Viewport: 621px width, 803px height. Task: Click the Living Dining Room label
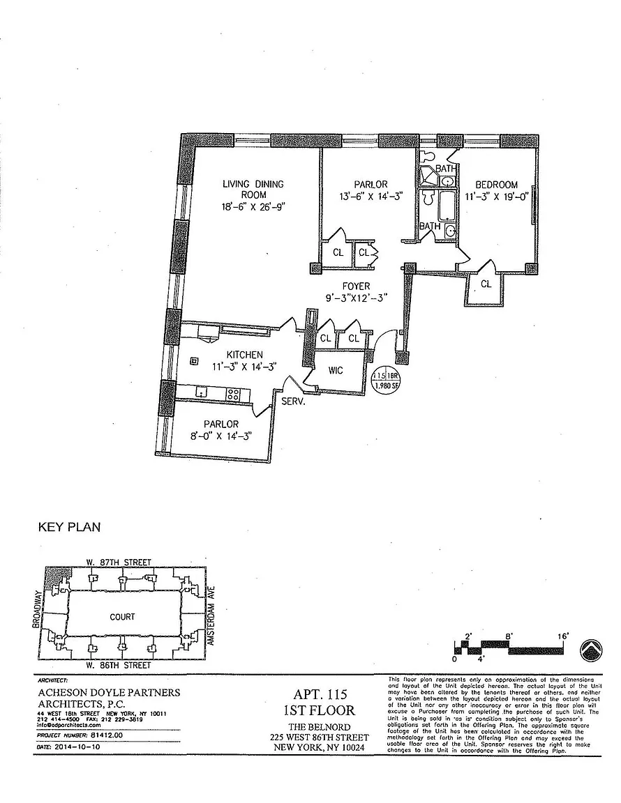[253, 189]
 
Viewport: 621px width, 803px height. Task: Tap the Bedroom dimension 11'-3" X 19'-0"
[497, 196]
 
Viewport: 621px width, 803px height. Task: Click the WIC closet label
[336, 370]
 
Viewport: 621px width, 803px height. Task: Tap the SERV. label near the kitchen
[291, 401]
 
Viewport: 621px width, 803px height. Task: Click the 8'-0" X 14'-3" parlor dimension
[221, 436]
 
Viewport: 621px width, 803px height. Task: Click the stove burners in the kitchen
[234, 394]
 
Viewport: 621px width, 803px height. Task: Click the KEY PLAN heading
[69, 528]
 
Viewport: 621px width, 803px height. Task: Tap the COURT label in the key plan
[122, 617]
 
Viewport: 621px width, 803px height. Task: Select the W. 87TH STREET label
[118, 563]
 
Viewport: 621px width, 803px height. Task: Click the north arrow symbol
[591, 650]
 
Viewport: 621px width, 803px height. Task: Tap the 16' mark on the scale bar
[563, 636]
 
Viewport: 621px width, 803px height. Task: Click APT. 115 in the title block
[318, 695]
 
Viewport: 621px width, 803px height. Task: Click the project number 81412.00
[107, 735]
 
